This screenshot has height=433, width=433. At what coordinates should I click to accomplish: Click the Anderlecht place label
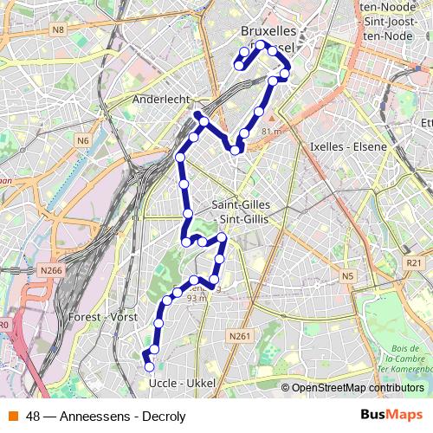[160, 100]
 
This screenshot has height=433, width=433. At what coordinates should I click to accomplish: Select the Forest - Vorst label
[101, 317]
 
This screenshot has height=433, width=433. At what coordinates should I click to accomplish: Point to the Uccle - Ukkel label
[181, 383]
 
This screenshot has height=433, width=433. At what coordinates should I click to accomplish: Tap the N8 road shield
[58, 30]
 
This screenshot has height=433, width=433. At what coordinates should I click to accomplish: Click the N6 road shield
[83, 140]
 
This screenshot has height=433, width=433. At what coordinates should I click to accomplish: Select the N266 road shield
[52, 270]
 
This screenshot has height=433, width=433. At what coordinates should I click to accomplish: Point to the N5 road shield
[348, 276]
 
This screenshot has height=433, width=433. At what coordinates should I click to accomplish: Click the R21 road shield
[413, 262]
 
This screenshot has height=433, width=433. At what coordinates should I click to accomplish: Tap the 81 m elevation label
[271, 131]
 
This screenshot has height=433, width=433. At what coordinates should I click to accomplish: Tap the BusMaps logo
[391, 415]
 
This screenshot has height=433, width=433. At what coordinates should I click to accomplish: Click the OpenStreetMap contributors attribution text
[358, 388]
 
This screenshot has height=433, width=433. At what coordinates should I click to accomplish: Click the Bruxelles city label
[268, 32]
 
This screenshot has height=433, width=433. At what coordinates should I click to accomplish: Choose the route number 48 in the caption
[34, 416]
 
